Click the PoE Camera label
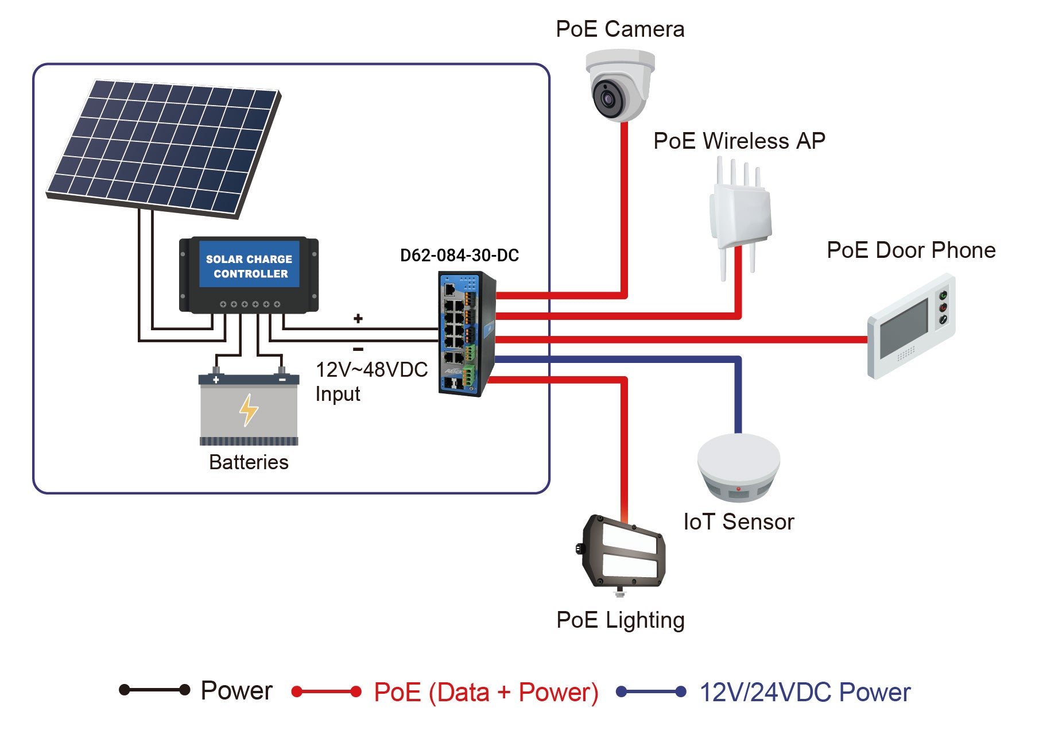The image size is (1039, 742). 620,29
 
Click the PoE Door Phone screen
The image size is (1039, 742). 904,328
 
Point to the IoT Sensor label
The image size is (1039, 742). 739,522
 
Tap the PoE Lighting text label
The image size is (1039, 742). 621,620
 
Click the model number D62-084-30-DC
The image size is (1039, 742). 459,256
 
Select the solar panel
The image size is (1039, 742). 164,146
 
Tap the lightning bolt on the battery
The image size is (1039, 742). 249,409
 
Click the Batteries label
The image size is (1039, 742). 249,462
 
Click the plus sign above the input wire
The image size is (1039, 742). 358,319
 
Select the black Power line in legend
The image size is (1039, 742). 154,690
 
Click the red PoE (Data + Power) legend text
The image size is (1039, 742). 486,692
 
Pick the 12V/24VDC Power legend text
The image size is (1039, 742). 804,692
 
